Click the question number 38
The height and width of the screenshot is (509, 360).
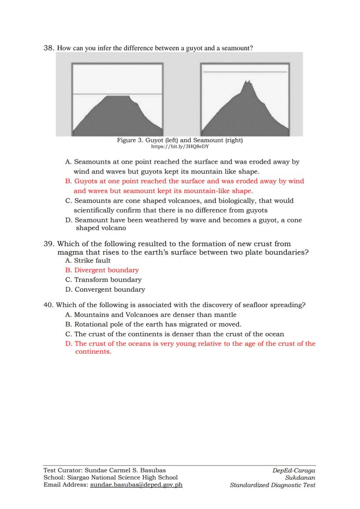(x=49, y=48)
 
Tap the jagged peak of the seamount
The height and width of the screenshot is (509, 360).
(x=248, y=82)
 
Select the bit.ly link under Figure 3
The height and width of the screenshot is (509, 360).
(x=180, y=146)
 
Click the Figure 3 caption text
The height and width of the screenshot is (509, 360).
(x=180, y=140)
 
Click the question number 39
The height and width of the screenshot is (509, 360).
(x=49, y=244)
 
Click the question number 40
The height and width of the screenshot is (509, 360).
(x=49, y=305)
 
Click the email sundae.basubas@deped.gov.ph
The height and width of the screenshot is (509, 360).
(x=136, y=485)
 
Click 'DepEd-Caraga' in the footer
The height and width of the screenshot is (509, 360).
(x=293, y=470)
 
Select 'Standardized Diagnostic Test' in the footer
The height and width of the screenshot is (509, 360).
(x=273, y=485)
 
